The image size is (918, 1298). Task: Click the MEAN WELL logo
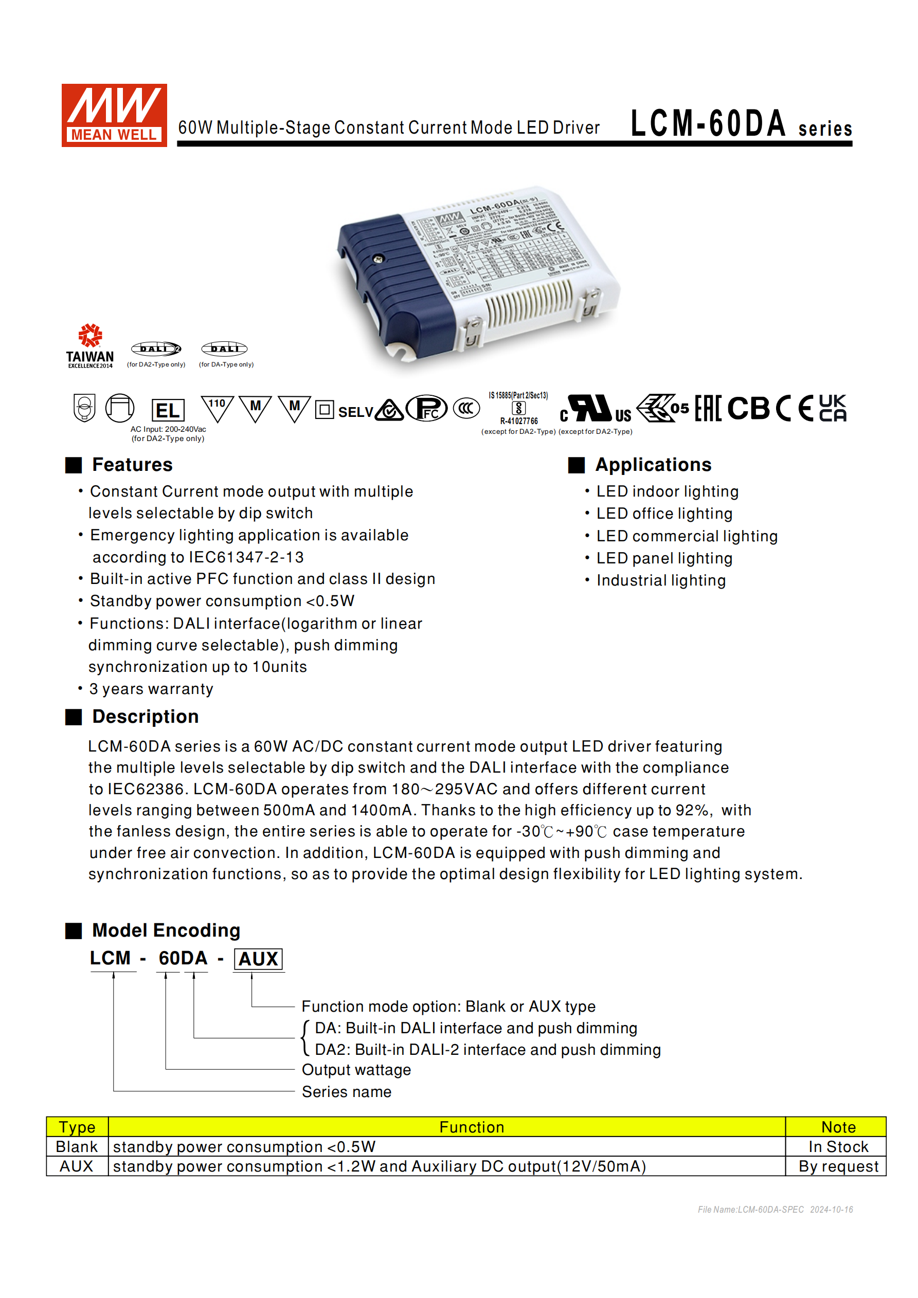pyautogui.click(x=114, y=115)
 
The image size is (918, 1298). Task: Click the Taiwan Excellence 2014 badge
pyautogui.click(x=90, y=345)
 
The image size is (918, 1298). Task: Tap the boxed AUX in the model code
pyautogui.click(x=258, y=959)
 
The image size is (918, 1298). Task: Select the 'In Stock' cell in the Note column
pyautogui.click(x=838, y=1146)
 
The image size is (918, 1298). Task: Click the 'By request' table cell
pyautogui.click(x=838, y=1166)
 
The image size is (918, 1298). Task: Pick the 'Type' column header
pyautogui.click(x=77, y=1127)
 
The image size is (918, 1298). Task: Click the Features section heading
pyautogui.click(x=132, y=465)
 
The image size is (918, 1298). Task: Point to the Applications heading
pyautogui.click(x=653, y=465)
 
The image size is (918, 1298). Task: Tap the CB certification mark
pyautogui.click(x=748, y=408)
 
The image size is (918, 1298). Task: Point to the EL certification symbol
pyautogui.click(x=168, y=410)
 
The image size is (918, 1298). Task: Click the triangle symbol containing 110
pyautogui.click(x=217, y=408)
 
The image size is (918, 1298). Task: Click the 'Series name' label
pyautogui.click(x=346, y=1092)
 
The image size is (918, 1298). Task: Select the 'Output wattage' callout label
pyautogui.click(x=356, y=1070)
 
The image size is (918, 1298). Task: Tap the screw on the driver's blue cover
pyautogui.click(x=379, y=259)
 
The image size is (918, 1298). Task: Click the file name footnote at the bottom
pyautogui.click(x=775, y=1209)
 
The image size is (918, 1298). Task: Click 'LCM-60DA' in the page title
pyautogui.click(x=708, y=124)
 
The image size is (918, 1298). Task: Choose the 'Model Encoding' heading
pyautogui.click(x=166, y=930)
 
